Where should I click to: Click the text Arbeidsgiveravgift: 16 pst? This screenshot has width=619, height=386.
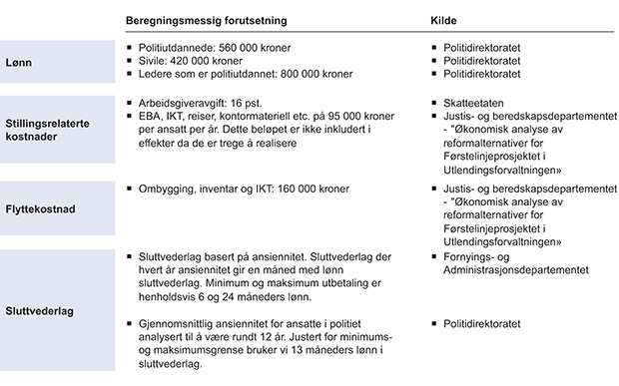pyautogui.click(x=196, y=103)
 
